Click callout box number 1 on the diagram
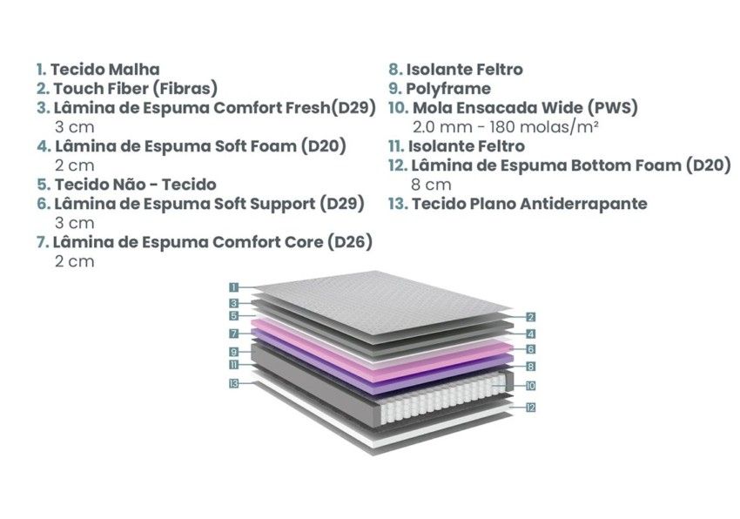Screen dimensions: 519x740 point(234,286)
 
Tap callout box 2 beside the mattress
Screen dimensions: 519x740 point(530,318)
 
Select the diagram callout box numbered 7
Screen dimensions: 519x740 point(234,334)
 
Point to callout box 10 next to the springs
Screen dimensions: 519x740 point(530,385)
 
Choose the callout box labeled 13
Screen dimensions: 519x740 point(234,384)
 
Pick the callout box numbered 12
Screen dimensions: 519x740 point(530,407)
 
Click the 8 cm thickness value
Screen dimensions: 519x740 point(430,185)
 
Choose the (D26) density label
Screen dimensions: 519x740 point(349,242)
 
